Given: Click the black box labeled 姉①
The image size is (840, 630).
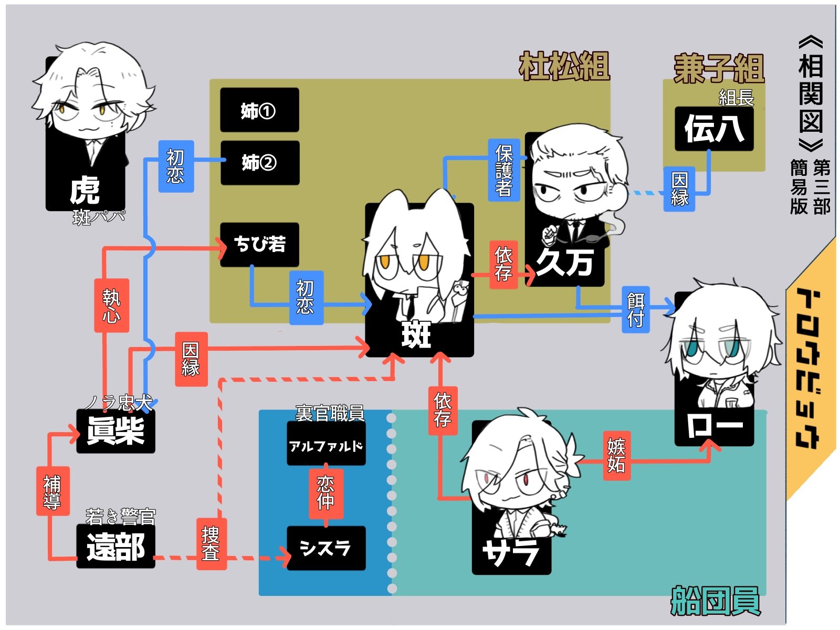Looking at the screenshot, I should click(259, 110).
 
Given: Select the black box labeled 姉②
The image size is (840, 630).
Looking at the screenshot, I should click(260, 163).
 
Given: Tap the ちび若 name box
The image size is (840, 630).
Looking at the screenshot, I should click(259, 244).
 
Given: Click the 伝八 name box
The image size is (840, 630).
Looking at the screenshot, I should click(714, 129).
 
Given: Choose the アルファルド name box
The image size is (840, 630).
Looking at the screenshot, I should click(326, 446).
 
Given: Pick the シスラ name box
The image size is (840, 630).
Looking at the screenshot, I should click(326, 548).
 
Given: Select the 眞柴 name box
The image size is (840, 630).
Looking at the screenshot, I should click(115, 431).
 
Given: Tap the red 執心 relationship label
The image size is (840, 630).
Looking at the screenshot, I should click(111, 305).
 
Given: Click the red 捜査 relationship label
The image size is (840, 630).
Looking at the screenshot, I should click(211, 543).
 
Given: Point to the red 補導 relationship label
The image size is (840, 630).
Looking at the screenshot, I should click(52, 491).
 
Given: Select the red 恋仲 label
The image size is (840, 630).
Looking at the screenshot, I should click(326, 492).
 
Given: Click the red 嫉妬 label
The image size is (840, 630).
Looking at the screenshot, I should click(616, 456).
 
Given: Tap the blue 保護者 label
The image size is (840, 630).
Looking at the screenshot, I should click(503, 170).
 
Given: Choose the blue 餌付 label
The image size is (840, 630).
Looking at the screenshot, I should click(635, 310).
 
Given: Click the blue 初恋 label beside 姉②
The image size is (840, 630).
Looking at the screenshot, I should click(176, 166).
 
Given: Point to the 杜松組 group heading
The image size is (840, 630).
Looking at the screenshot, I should click(564, 66).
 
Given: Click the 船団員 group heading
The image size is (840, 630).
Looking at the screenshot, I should click(715, 601).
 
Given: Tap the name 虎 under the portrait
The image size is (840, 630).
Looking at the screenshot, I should click(85, 190).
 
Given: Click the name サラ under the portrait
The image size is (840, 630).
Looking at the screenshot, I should click(510, 552).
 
